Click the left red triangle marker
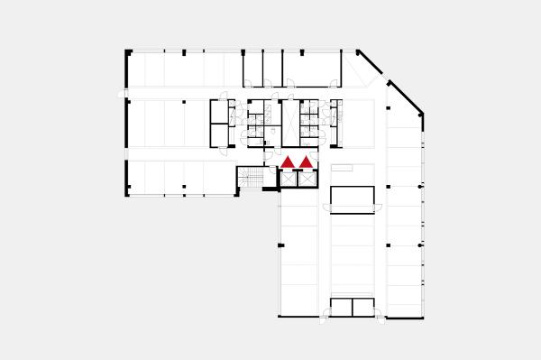[288, 162]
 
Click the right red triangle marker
[306, 162]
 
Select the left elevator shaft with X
[289, 179]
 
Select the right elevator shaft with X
[307, 179]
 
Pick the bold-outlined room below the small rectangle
[352, 198]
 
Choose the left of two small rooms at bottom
[340, 307]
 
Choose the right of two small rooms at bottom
[362, 307]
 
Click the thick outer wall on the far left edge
[126, 122]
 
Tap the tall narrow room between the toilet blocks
[290, 123]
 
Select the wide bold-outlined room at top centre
[311, 69]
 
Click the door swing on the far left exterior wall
[123, 93]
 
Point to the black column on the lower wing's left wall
[280, 245]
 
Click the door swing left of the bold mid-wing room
[326, 210]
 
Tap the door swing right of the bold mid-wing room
[379, 210]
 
